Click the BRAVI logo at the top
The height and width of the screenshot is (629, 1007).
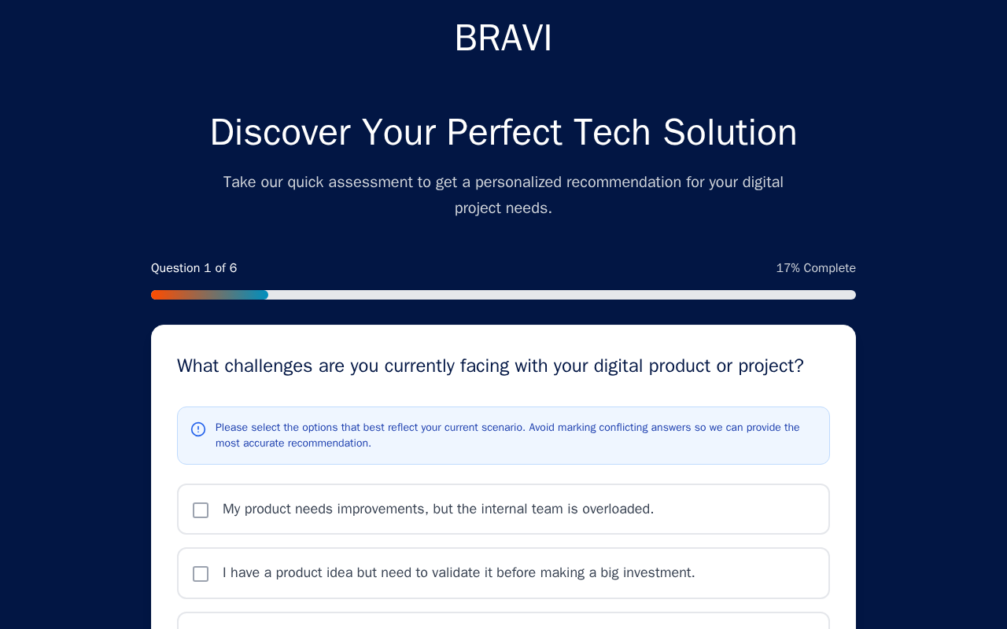[x=503, y=39]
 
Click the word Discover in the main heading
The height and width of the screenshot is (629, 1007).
[x=280, y=133]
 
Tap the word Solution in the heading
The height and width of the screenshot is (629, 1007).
[x=729, y=133]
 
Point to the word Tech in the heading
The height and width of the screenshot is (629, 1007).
[x=612, y=133]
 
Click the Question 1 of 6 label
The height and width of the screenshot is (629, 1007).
[x=194, y=268]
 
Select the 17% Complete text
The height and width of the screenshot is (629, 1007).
[x=816, y=268]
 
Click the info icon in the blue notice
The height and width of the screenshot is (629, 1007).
[x=198, y=429]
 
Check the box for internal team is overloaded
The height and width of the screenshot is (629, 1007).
[x=201, y=510]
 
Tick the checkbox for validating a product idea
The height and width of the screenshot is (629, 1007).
[x=201, y=574]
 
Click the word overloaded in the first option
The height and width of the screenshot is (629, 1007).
[x=618, y=509]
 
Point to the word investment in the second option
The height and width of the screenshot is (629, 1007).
[x=658, y=573]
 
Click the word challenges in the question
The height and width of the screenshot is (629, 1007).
[x=268, y=366]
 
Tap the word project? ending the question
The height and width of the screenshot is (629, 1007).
[x=771, y=367]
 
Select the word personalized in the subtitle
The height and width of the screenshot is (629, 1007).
[x=518, y=182]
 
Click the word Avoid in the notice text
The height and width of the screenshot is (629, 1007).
[x=542, y=427]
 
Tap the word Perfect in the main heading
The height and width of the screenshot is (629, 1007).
[x=504, y=133]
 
